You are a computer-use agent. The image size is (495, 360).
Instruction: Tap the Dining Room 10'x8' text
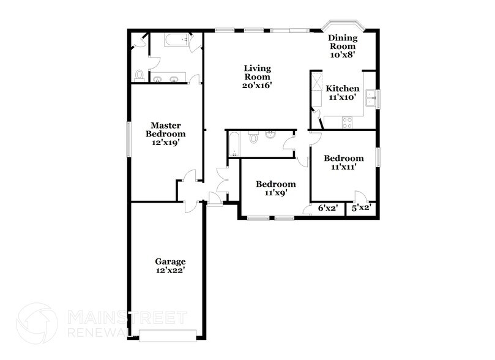pos(343,46)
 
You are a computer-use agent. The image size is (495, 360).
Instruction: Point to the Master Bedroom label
pos(165,133)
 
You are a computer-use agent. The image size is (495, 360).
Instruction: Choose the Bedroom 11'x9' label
pos(275,188)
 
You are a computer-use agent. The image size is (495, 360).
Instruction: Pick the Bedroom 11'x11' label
pos(343,162)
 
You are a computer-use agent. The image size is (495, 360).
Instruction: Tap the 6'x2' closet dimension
pos(328,208)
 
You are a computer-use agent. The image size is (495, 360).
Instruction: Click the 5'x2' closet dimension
pos(360,208)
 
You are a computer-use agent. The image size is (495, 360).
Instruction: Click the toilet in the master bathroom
pos(140,75)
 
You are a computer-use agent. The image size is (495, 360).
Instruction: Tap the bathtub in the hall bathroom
pos(233,144)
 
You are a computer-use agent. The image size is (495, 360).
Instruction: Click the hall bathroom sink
pos(270,135)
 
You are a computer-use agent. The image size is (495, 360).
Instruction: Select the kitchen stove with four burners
pos(346,122)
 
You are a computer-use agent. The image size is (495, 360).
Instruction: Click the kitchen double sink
pos(371,97)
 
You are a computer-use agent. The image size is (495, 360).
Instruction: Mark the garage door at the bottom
pos(167,335)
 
